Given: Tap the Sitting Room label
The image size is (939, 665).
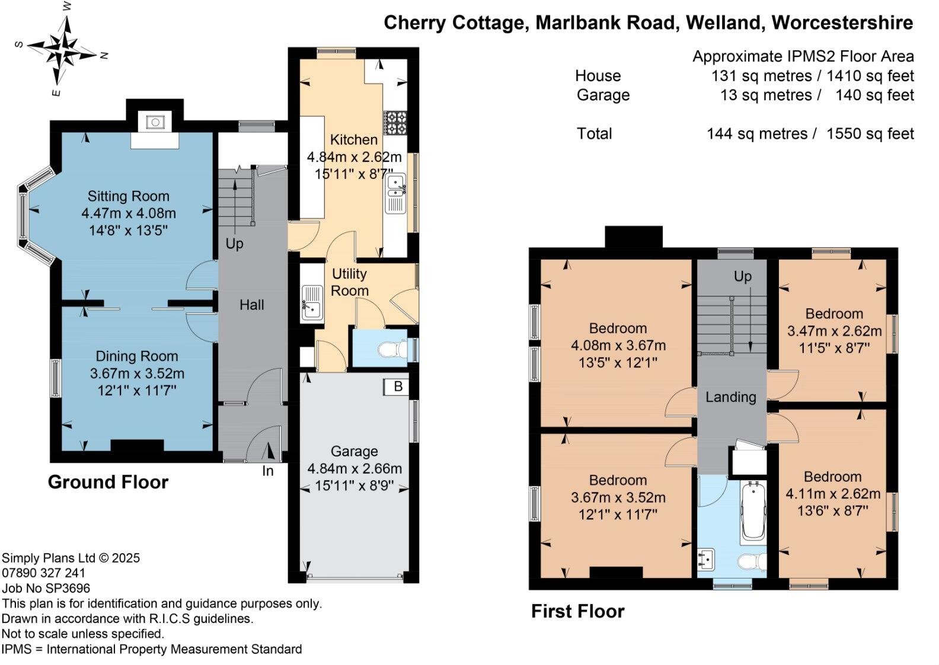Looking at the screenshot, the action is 128,196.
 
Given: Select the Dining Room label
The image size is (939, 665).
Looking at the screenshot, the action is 137,356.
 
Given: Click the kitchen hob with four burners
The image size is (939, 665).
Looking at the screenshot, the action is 395,123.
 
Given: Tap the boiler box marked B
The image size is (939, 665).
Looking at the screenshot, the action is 396,387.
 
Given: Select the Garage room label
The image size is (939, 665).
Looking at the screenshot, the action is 354,451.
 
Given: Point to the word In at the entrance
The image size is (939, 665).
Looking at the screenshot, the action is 267,471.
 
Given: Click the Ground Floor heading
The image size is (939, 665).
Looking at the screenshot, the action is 108,482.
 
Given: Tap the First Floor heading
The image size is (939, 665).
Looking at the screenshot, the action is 577,612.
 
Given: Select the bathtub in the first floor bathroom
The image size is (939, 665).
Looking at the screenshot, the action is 753,513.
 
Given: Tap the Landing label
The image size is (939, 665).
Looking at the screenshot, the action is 731,397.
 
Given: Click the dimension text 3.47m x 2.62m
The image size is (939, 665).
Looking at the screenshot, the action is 834,331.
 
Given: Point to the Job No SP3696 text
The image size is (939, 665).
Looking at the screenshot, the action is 46,589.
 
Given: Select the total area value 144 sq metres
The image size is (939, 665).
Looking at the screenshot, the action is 757,134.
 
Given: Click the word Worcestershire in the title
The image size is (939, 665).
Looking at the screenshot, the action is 842,23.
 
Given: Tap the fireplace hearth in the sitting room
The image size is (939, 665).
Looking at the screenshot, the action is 155,141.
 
